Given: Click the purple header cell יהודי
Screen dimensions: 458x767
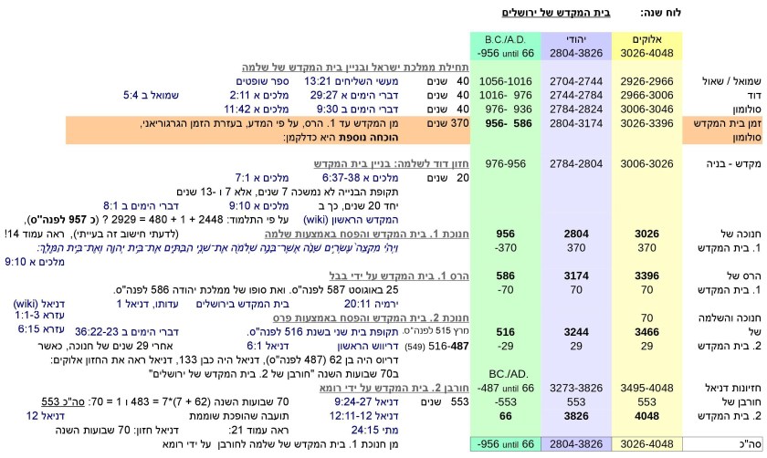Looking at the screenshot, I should pos(575,41).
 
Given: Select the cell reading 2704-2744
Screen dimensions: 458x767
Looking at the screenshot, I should pos(575,80).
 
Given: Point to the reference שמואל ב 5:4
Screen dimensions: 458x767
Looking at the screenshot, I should pos(153,94).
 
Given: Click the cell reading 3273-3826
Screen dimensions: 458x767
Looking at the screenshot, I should pos(575,387).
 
